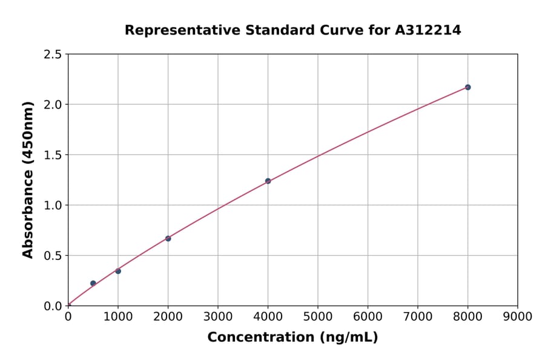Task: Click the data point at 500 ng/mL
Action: tap(93, 283)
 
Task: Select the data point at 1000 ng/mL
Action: tap(118, 271)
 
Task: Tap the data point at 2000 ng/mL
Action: tap(168, 238)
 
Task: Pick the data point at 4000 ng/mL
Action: tap(268, 181)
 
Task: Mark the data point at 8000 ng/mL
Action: tap(467, 87)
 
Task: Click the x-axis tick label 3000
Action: tap(218, 316)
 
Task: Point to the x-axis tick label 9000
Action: tap(518, 316)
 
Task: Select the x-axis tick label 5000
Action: tap(318, 316)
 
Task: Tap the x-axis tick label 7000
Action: tap(418, 316)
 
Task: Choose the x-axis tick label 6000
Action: tap(368, 316)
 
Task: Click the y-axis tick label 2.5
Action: tap(53, 55)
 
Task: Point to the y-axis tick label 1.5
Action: tap(53, 155)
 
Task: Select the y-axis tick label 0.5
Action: tap(53, 256)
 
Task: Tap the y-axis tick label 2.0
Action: tap(53, 105)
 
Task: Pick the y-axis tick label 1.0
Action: tap(53, 205)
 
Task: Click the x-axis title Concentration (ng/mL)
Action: tap(292, 337)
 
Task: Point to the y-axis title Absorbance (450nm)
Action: tap(28, 179)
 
